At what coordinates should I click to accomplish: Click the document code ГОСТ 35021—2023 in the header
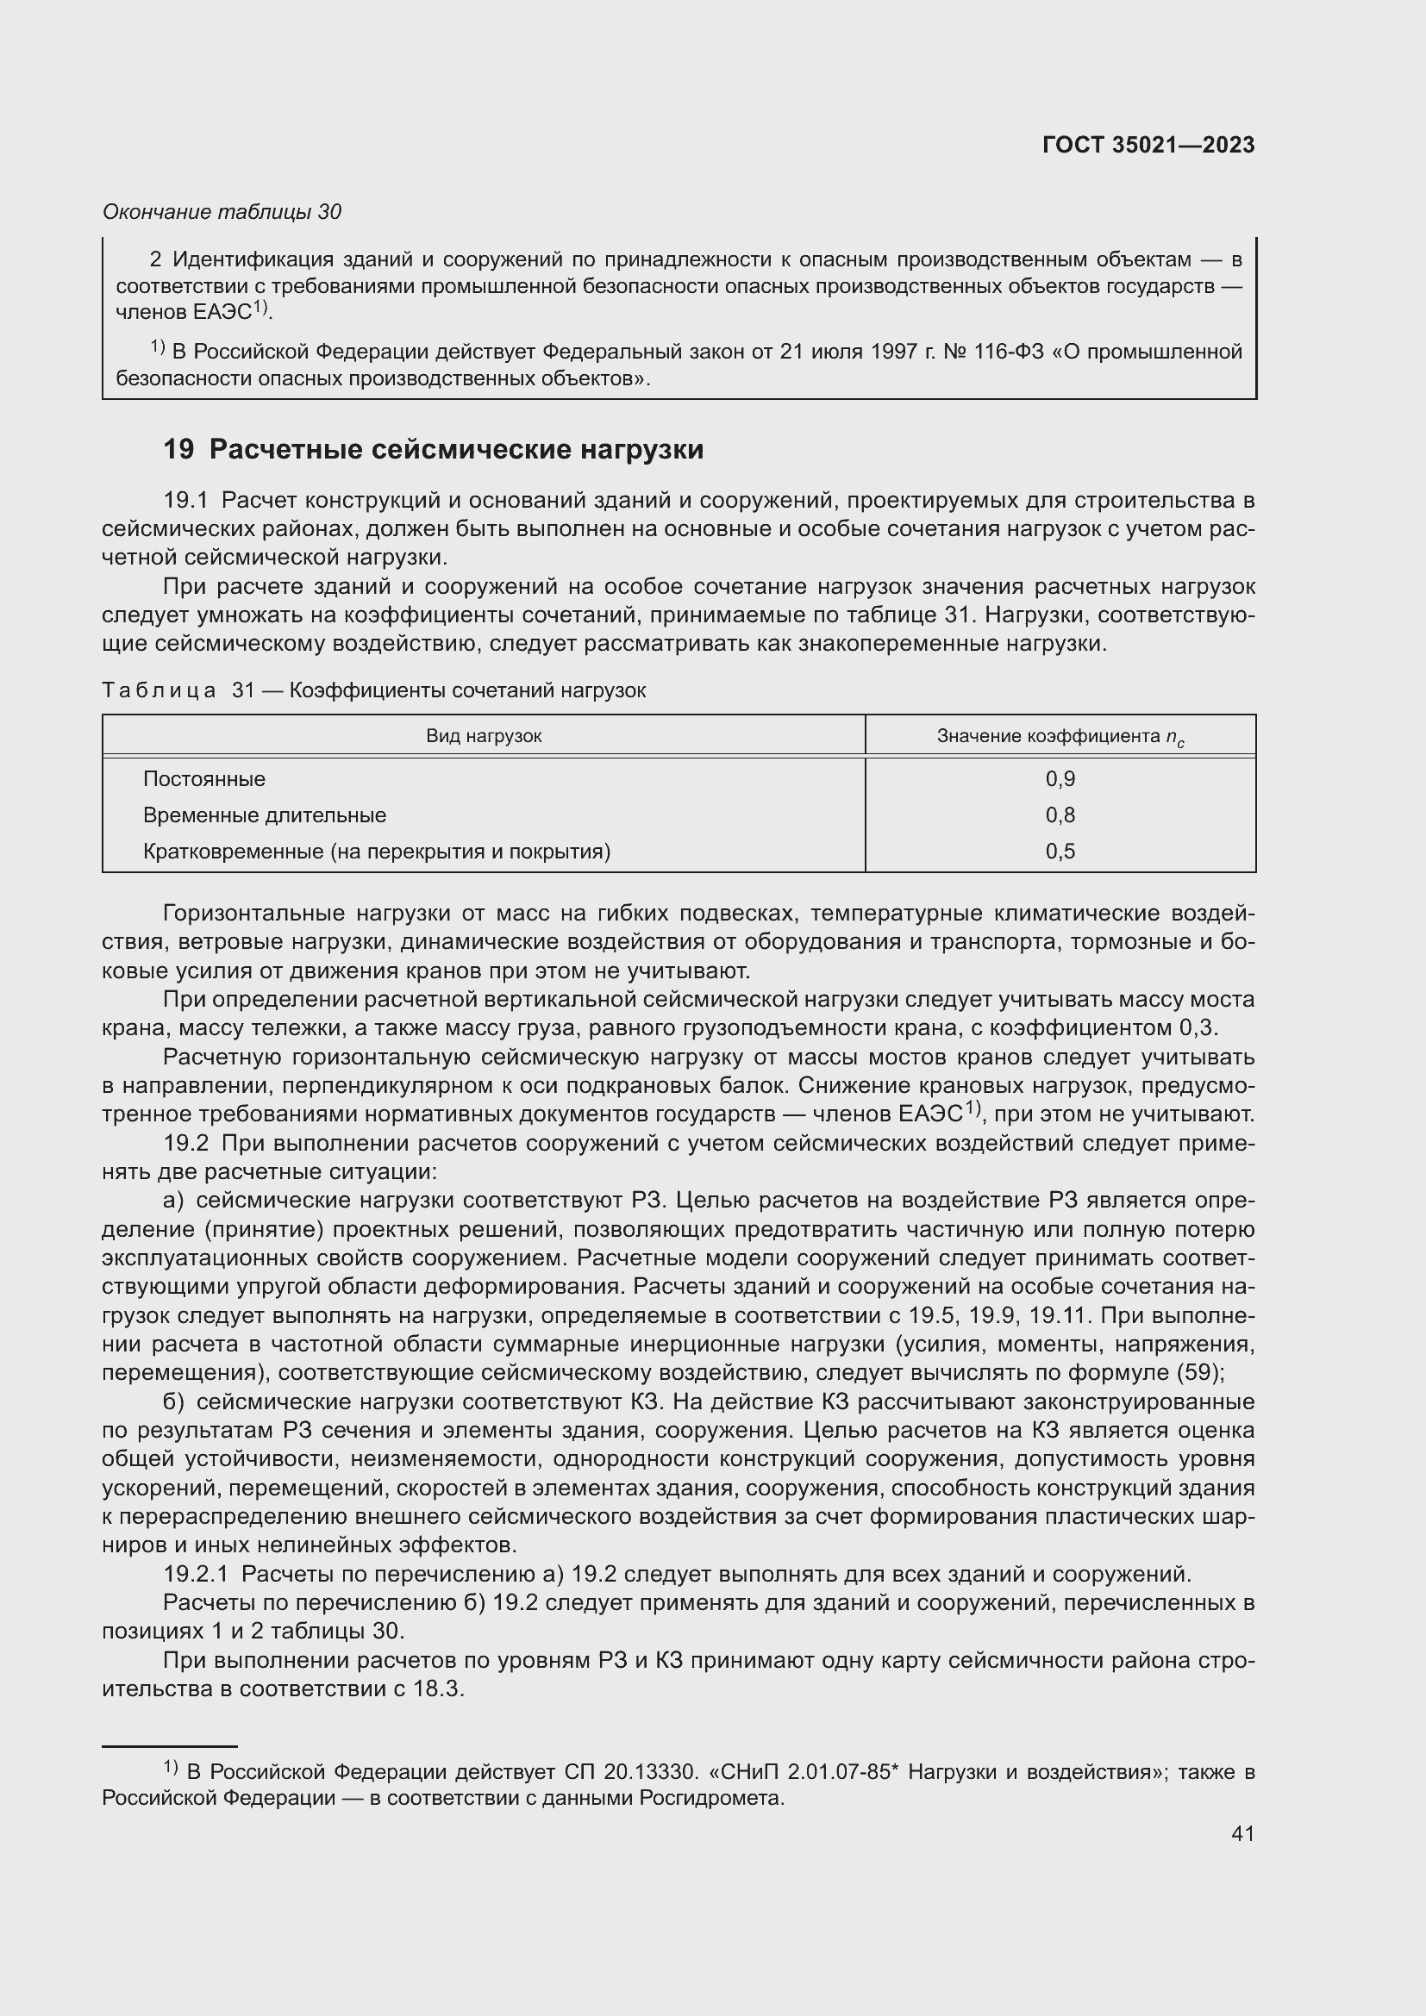1148,145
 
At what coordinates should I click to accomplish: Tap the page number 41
1242,1832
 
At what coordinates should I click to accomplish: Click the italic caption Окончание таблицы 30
222,212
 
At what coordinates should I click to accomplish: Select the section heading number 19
178,450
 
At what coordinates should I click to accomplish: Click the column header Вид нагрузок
484,736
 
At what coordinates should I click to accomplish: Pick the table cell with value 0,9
1060,779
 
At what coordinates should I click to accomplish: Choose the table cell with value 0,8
1060,815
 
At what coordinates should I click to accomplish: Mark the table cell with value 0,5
1060,851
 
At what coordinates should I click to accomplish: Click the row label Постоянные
203,779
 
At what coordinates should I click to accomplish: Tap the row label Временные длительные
265,815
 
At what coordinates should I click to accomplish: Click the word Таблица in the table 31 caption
159,690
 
